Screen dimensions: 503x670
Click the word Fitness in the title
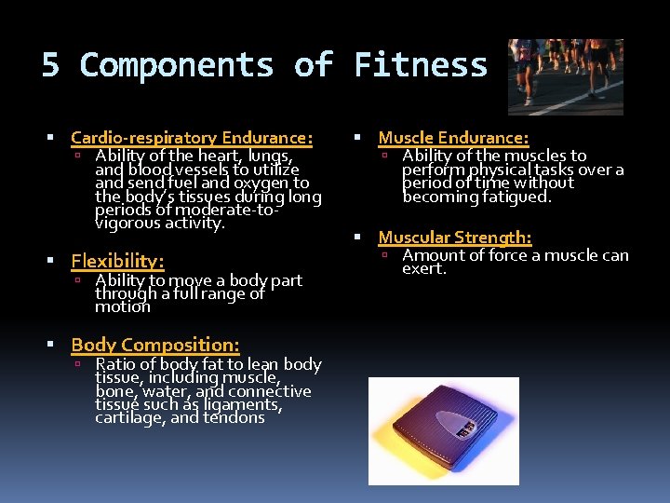[421, 65]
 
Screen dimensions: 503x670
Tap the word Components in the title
[177, 65]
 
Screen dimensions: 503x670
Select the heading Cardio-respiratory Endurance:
[192, 138]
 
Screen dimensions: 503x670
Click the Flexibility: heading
[117, 261]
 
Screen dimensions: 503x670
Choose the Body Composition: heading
[155, 345]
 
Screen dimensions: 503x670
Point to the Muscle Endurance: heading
[453, 138]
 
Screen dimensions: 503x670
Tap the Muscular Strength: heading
[455, 238]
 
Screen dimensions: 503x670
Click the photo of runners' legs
[566, 75]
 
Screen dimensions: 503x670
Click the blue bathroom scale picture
[443, 430]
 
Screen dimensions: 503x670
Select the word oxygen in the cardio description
[262, 184]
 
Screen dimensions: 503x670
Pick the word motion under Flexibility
[122, 306]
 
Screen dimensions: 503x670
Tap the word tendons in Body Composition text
[236, 417]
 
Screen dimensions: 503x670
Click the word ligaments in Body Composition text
[241, 404]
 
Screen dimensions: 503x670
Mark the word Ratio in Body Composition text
[115, 364]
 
